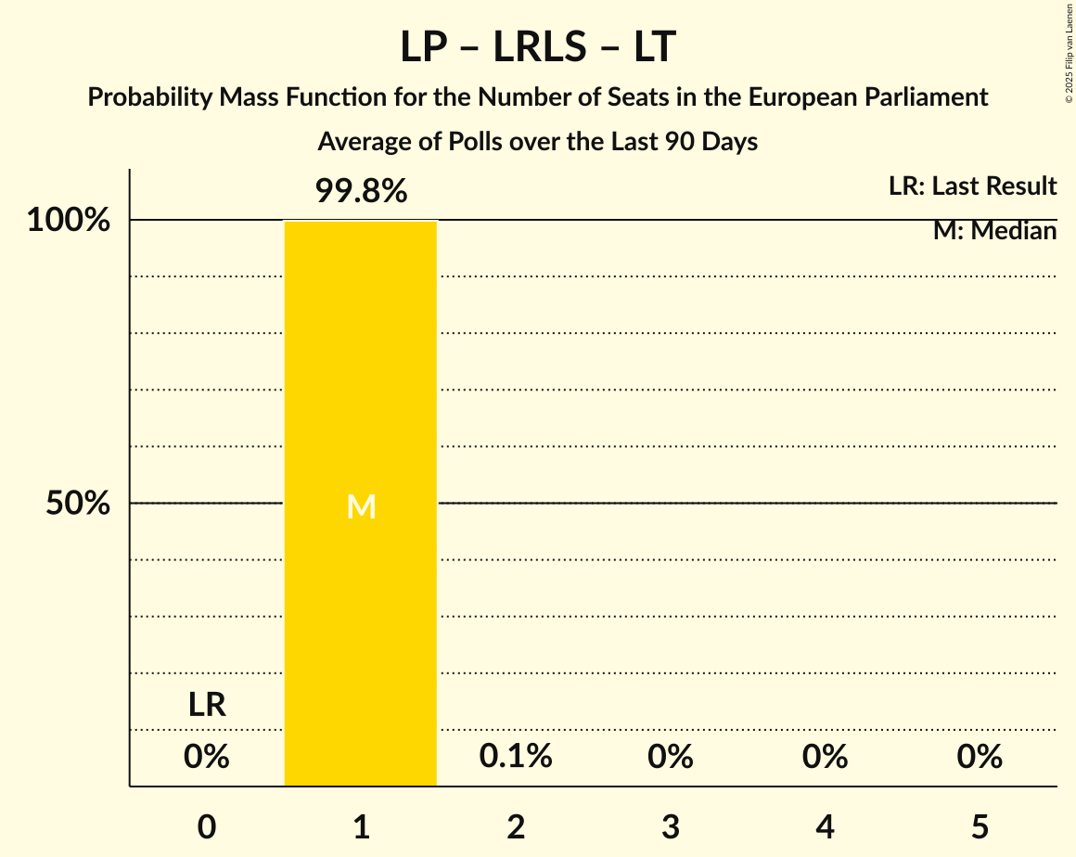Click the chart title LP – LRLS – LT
point(537,47)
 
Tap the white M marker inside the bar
point(361,506)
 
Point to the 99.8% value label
point(361,192)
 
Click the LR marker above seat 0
point(207,705)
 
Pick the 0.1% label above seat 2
point(516,757)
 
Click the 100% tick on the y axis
point(69,221)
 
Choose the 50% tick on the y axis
point(79,504)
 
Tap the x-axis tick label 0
point(207,826)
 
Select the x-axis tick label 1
point(361,826)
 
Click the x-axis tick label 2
point(516,826)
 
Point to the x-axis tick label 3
point(671,826)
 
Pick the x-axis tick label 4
point(826,826)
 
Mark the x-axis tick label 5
point(980,826)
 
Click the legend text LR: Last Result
point(972,186)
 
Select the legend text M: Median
point(994,231)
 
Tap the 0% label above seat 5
point(980,757)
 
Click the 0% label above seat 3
point(671,757)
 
